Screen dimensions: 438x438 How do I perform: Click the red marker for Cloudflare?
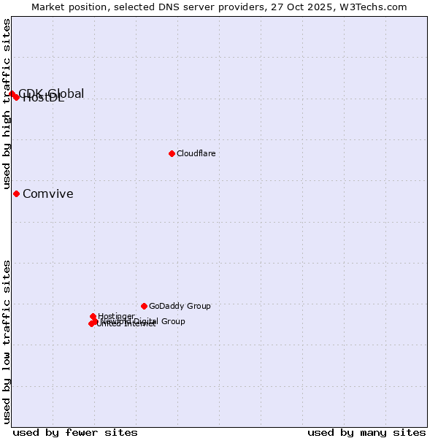pos(172,153)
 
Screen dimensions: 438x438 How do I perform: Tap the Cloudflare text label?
pos(196,153)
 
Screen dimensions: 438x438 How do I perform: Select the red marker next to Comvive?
pos(16,193)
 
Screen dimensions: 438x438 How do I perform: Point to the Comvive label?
pos(47,193)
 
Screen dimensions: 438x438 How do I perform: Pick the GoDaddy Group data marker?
pos(144,306)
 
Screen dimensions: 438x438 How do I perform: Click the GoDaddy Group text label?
pos(180,306)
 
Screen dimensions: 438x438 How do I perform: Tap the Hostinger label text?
pos(116,316)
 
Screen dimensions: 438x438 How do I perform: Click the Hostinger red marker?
pos(93,316)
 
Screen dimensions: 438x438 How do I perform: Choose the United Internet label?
pos(126,324)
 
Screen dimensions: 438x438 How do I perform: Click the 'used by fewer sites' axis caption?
pos(75,432)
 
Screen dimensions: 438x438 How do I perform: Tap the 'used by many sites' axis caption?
pos(366,432)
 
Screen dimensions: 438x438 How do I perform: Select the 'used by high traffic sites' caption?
pos(7,104)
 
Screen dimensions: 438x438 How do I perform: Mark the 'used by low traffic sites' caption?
pos(7,341)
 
